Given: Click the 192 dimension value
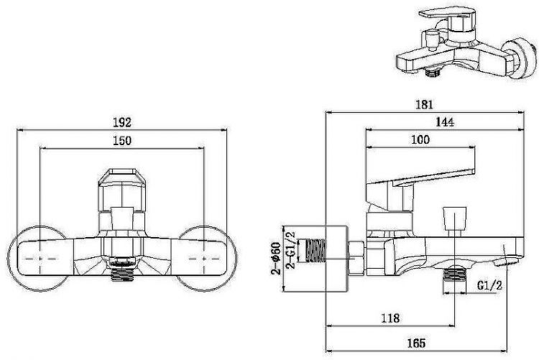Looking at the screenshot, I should pyautogui.click(x=124, y=122).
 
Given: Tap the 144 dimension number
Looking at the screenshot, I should pyautogui.click(x=444, y=123).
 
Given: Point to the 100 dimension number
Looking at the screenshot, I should pyautogui.click(x=420, y=139).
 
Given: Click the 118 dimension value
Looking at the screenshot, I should pyautogui.click(x=390, y=317).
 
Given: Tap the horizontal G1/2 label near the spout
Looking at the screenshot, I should pyautogui.click(x=490, y=286).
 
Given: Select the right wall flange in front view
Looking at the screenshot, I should pyautogui.click(x=207, y=259).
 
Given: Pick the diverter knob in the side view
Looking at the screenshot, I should pyautogui.click(x=453, y=216).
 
